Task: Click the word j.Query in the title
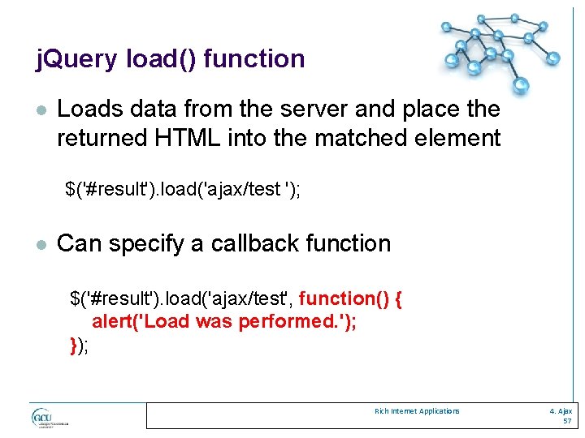[x=78, y=59]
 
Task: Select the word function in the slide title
[x=254, y=59]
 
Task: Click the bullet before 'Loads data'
[x=41, y=109]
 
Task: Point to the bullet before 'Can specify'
[x=41, y=244]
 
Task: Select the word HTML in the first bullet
[x=196, y=138]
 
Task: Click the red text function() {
[x=351, y=298]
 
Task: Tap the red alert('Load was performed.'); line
[x=224, y=321]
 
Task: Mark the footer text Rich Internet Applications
[x=417, y=411]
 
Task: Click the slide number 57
[x=566, y=422]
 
